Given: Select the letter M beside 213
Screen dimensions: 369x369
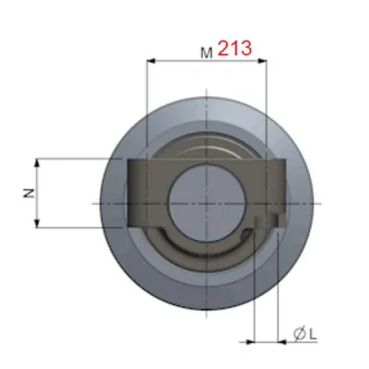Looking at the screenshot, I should (x=207, y=53).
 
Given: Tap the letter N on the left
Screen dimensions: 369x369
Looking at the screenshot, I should (x=28, y=194).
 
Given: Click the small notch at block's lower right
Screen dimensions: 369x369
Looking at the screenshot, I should (x=275, y=220).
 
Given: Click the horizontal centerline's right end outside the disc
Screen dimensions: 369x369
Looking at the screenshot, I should (x=318, y=202).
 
